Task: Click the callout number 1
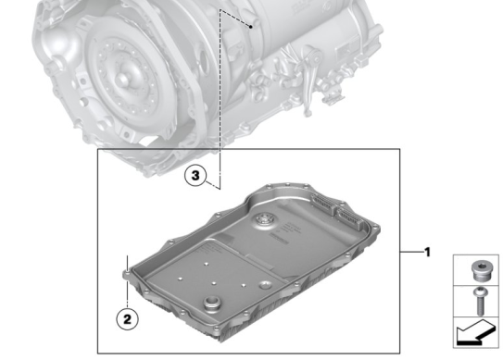point(427,252)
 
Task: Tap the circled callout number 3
point(192,174)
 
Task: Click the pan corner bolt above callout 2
point(126,273)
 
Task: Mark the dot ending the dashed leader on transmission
point(252,28)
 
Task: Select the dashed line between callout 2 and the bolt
point(125,293)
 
